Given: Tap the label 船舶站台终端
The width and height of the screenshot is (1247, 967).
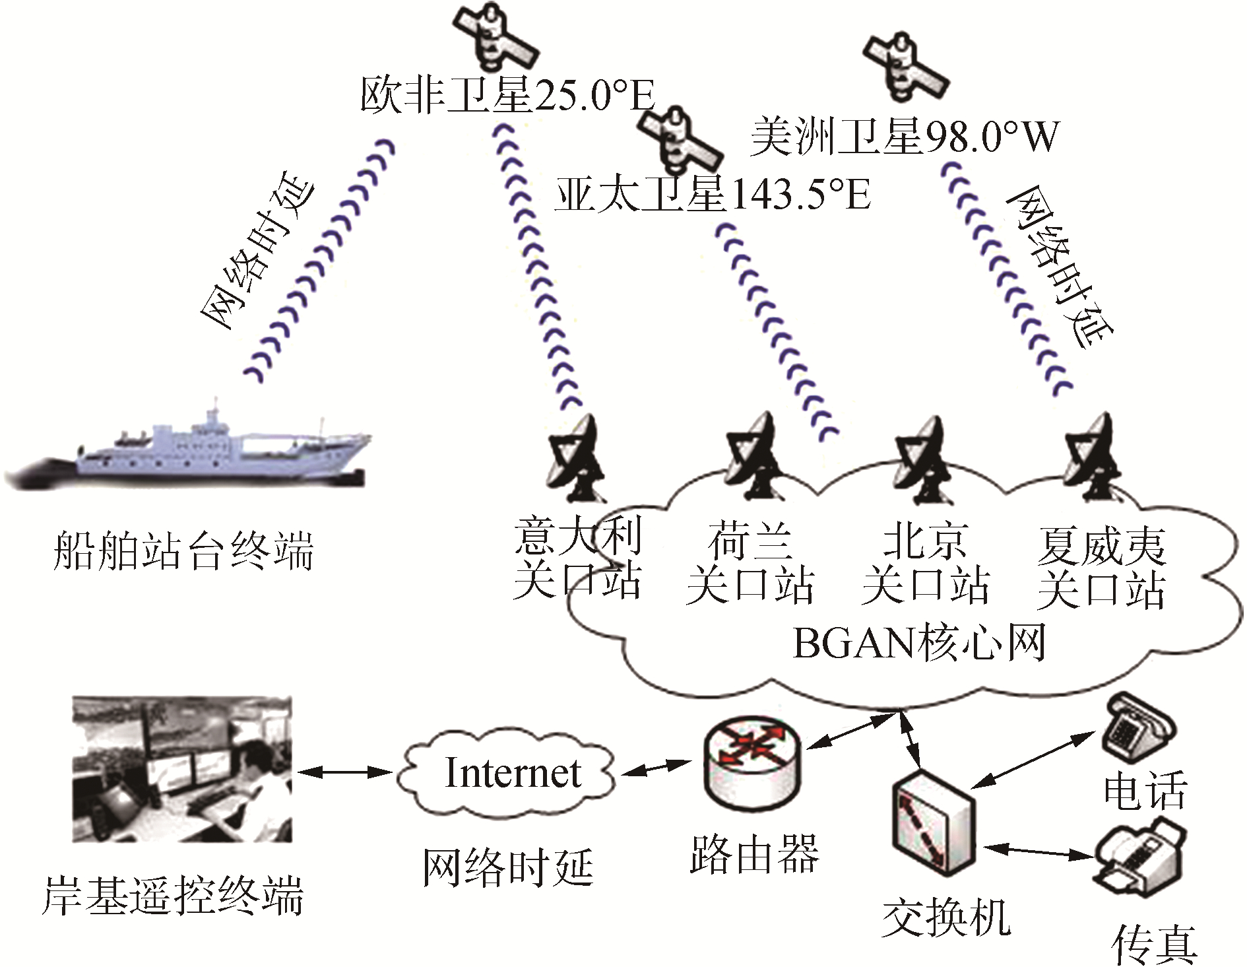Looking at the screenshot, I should click(x=183, y=550).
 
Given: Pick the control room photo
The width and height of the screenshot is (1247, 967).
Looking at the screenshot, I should click(x=182, y=769).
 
